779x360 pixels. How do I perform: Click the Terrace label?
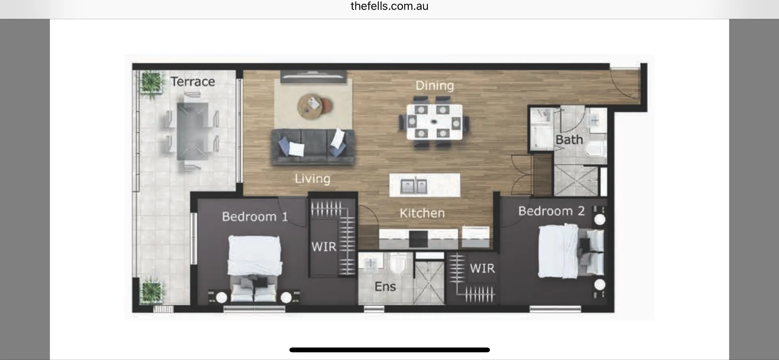point(193,82)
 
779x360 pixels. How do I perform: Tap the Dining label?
point(435,86)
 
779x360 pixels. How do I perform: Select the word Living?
point(312,179)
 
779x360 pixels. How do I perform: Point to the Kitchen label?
point(422,213)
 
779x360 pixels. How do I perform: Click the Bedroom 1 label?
point(255,217)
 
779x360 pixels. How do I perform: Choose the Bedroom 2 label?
point(551,211)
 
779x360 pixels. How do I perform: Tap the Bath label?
point(569,140)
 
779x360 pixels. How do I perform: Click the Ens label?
point(385,287)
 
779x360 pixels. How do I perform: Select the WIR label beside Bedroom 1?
point(324,247)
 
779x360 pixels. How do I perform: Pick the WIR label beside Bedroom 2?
point(482,268)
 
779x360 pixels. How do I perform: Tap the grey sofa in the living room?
point(313,147)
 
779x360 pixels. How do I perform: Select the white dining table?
point(434,122)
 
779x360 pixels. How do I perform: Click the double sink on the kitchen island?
point(413,186)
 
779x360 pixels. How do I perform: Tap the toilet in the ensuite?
point(398,264)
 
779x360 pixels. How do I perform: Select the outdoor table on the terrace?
point(192,131)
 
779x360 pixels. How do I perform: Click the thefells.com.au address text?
point(389,6)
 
